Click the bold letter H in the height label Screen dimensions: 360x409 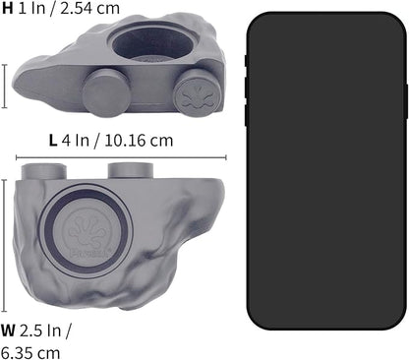9,10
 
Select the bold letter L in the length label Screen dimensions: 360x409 52,140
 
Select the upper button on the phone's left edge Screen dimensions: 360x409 246,61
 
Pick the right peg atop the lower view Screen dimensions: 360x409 131,169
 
